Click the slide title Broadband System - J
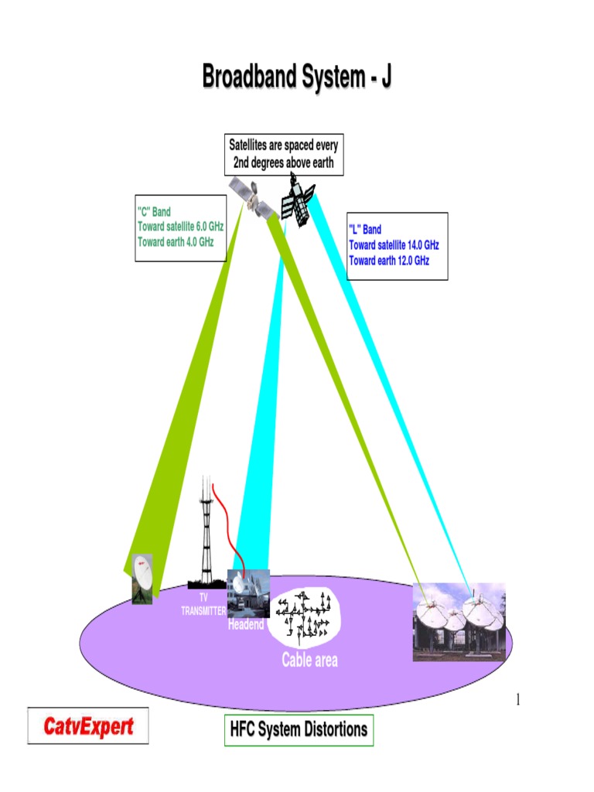click(297, 77)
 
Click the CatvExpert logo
click(88, 725)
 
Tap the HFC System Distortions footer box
click(299, 730)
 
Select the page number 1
click(517, 699)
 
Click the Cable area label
click(309, 660)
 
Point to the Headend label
click(246, 624)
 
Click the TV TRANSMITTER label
click(203, 605)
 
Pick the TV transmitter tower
click(206, 532)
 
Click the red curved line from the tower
click(229, 531)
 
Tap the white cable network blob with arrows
click(304, 617)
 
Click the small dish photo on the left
click(142, 579)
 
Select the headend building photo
click(248, 593)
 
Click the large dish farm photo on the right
click(459, 622)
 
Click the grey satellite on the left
click(253, 198)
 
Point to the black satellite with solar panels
click(298, 200)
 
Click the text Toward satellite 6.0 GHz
click(180, 227)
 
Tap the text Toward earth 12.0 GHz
click(389, 261)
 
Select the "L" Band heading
click(365, 229)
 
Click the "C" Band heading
click(154, 212)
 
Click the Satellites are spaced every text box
click(284, 155)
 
